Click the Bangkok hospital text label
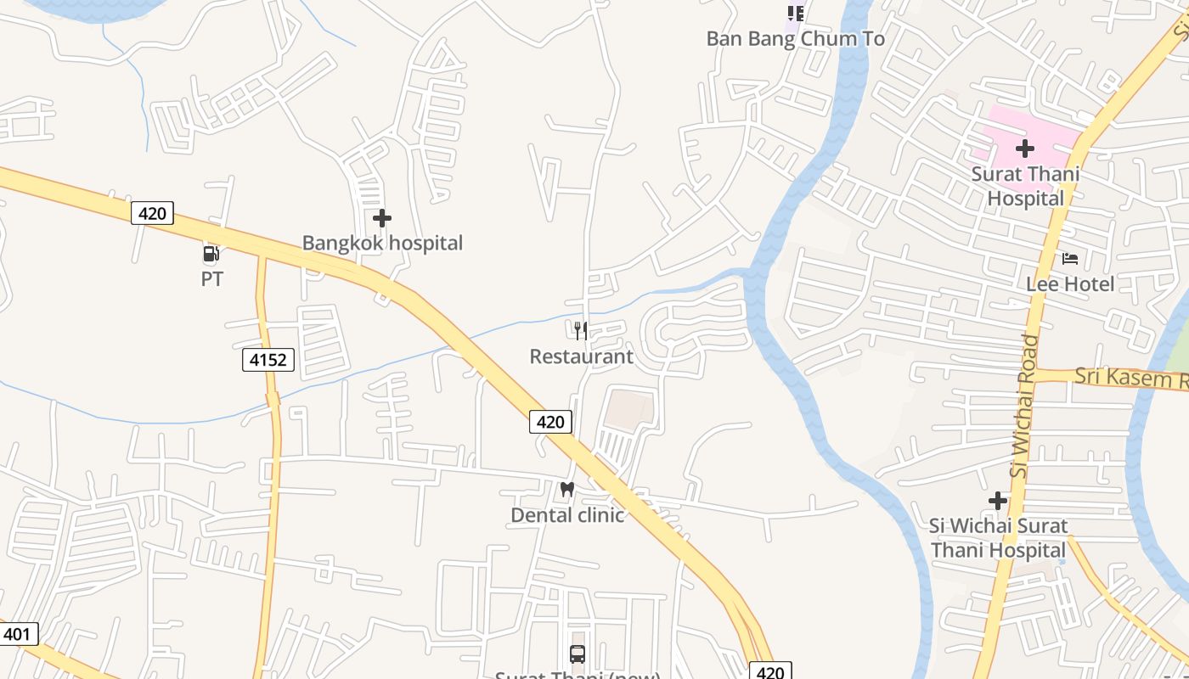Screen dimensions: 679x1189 [382, 244]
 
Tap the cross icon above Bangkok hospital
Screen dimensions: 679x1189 [382, 218]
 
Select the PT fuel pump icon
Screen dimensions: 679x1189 [211, 253]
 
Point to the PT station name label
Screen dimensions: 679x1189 [212, 278]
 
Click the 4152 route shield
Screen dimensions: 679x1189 [268, 360]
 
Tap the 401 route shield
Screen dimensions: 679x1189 [17, 633]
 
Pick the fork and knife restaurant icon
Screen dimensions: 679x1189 [581, 330]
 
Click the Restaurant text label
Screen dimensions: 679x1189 [581, 356]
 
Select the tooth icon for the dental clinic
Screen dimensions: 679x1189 [567, 490]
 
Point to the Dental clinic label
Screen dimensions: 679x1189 [567, 515]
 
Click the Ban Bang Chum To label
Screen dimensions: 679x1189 [796, 39]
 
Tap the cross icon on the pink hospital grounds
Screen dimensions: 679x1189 [1025, 149]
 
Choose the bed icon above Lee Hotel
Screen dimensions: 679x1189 [1070, 258]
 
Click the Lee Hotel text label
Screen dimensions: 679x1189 [1070, 283]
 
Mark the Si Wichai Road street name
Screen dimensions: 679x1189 [1026, 405]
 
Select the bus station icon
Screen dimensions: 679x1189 [578, 654]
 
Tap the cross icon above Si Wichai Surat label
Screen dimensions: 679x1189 [998, 501]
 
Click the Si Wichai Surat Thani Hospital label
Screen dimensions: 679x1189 [998, 538]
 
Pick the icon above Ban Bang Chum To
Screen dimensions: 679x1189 [796, 13]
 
